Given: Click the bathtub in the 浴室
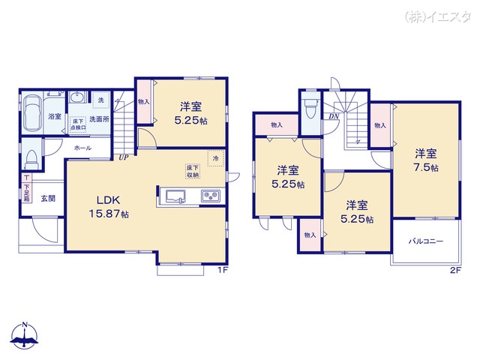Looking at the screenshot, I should pyautogui.click(x=32, y=115).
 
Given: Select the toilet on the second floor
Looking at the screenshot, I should pyautogui.click(x=310, y=111).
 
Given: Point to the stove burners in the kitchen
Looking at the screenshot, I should pyautogui.click(x=209, y=197).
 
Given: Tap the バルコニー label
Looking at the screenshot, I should pyautogui.click(x=425, y=241).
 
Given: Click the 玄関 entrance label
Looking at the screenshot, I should pyautogui.click(x=48, y=199).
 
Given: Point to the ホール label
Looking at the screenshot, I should pyautogui.click(x=82, y=148).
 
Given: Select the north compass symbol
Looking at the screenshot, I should pyautogui.click(x=25, y=338).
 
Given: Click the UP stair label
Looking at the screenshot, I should pyautogui.click(x=122, y=157).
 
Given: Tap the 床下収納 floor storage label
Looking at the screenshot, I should pyautogui.click(x=193, y=172).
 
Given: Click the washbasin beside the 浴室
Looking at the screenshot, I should pyautogui.click(x=78, y=99).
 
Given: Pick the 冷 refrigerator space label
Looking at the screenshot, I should pyautogui.click(x=215, y=158).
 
